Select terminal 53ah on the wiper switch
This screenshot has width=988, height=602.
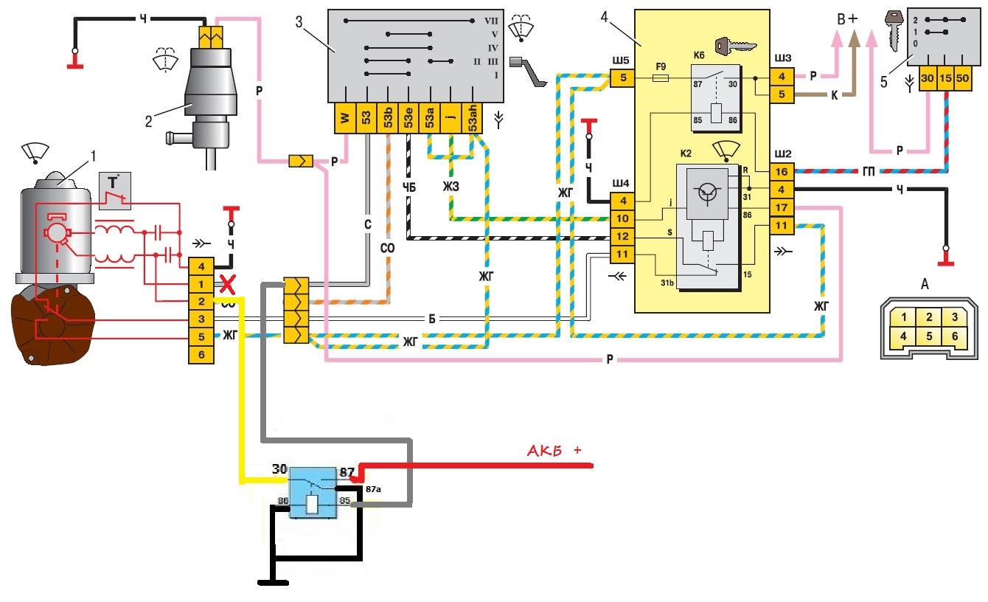[473, 118]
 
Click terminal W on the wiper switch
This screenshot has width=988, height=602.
[344, 118]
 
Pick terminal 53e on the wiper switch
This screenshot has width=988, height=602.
[408, 118]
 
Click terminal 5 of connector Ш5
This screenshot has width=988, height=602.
[622, 77]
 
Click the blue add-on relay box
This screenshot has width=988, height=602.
[314, 492]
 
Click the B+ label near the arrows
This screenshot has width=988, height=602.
[846, 20]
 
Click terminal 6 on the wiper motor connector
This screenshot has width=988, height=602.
[201, 354]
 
